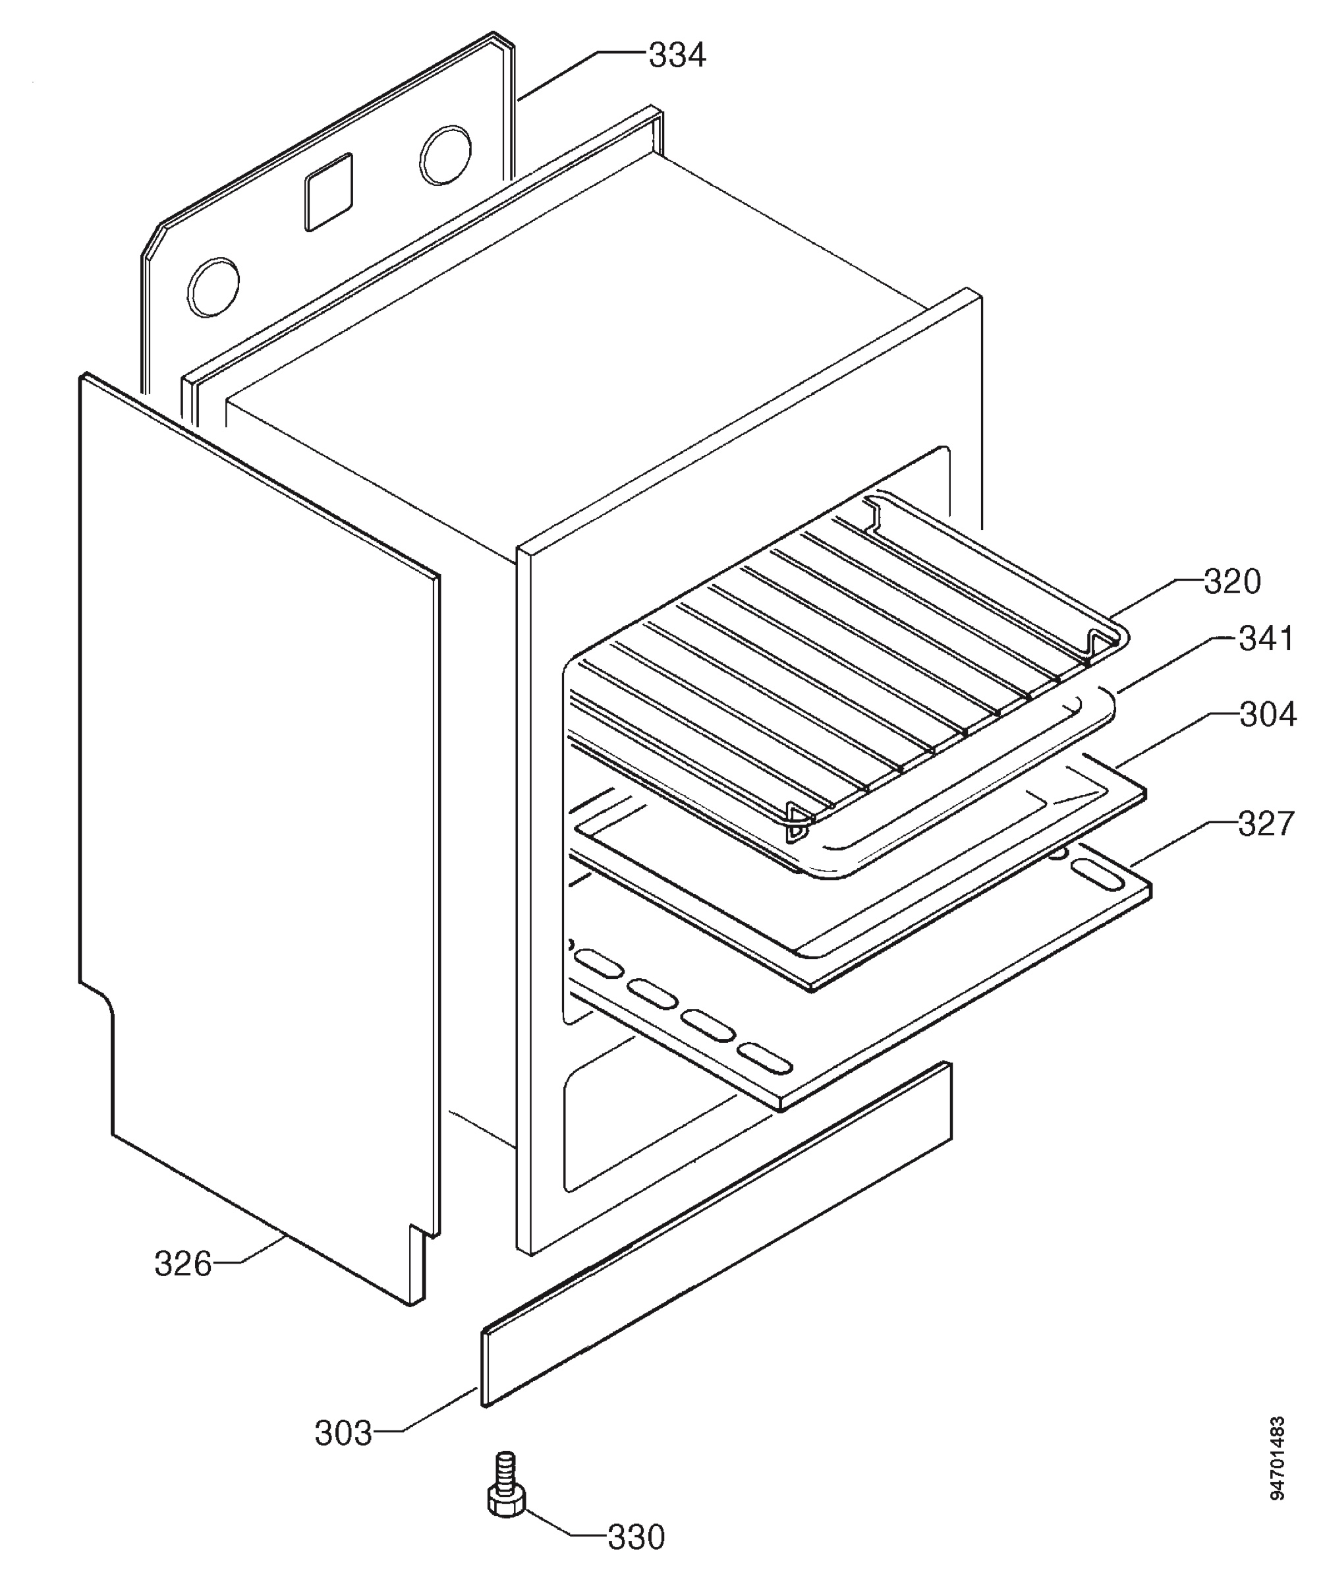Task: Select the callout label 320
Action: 1232,581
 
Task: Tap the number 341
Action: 1266,638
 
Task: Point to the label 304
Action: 1267,713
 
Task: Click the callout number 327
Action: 1266,823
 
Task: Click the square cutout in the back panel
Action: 328,191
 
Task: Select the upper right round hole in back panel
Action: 446,155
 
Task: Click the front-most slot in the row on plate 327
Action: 764,1059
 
